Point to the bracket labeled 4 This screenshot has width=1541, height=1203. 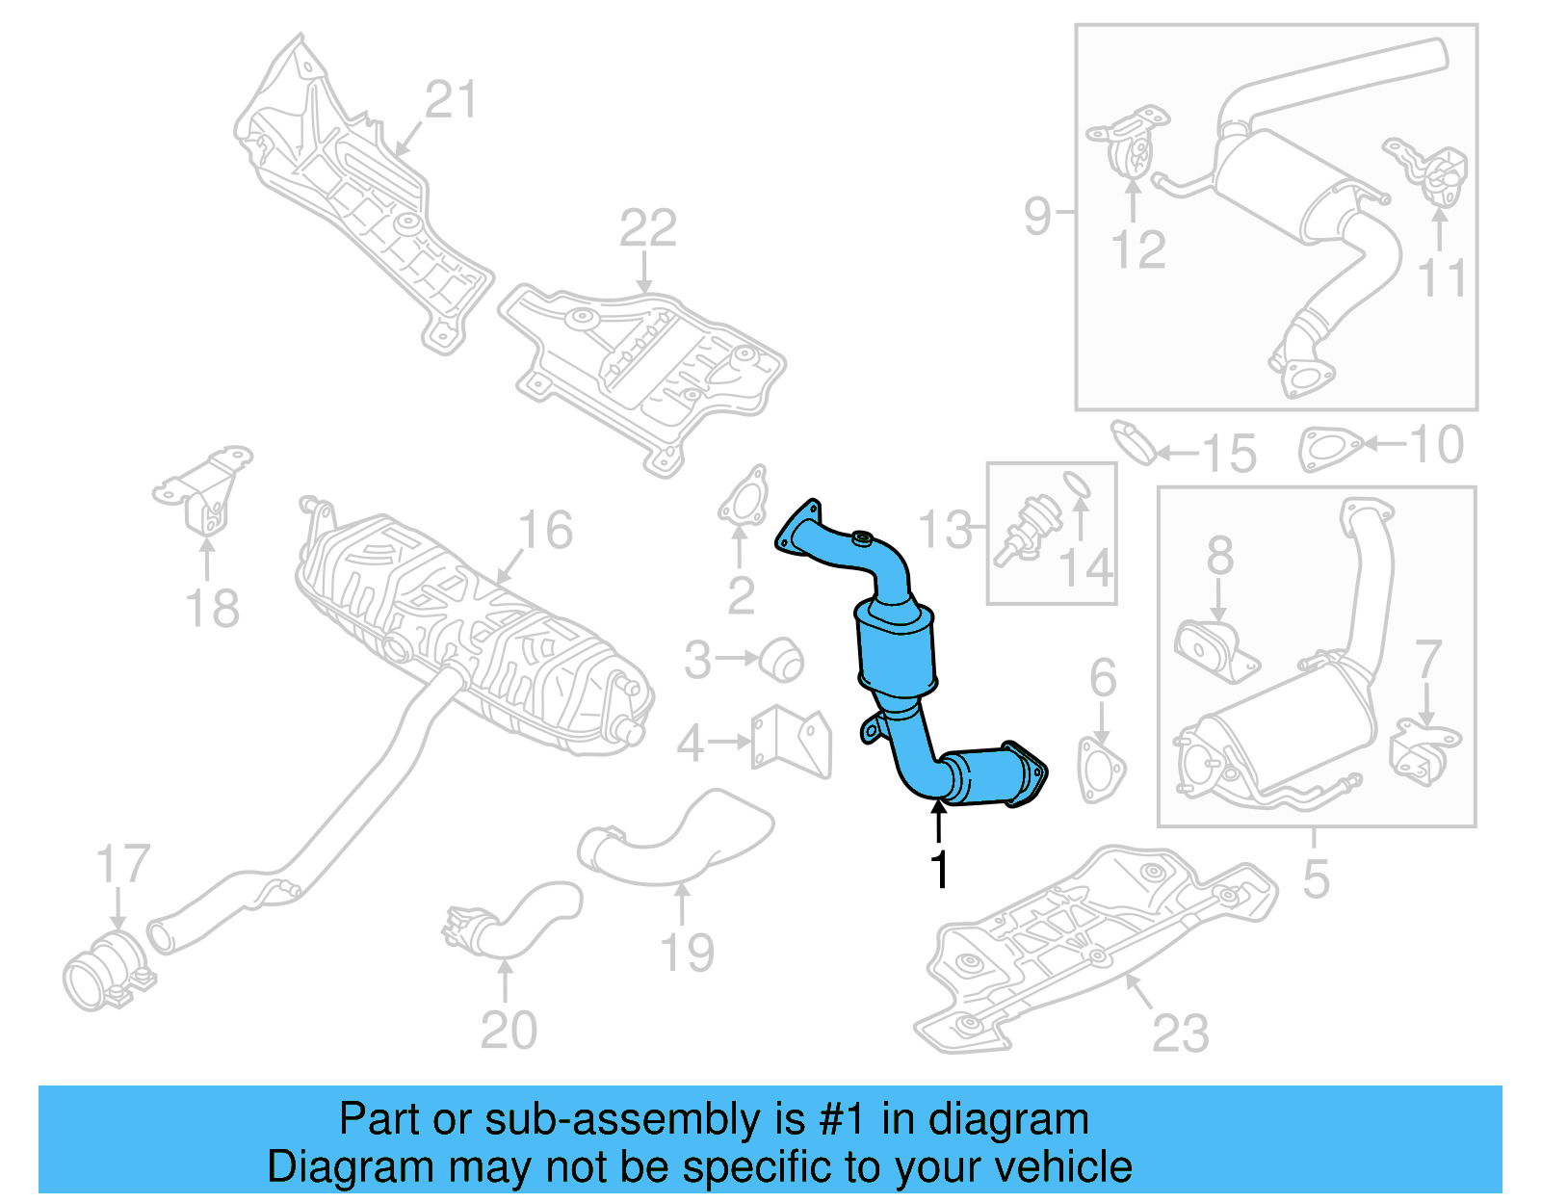(x=792, y=741)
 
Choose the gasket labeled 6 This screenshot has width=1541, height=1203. (x=1101, y=770)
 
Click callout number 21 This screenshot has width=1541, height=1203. (x=451, y=100)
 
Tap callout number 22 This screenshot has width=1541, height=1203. (x=648, y=229)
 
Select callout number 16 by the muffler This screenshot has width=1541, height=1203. (x=545, y=531)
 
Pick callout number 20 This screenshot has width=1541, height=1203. (x=509, y=1031)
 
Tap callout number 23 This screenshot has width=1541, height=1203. (x=1181, y=1034)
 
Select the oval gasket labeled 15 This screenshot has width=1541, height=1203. (x=1134, y=441)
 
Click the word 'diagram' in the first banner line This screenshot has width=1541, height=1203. (x=1008, y=1120)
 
